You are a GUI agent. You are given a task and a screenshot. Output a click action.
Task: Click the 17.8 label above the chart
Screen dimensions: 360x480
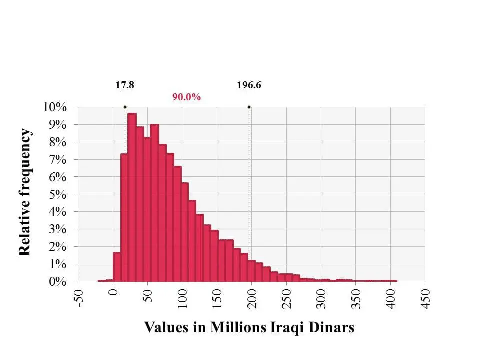(x=125, y=85)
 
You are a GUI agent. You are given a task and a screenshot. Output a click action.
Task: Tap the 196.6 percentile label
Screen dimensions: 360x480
(x=249, y=85)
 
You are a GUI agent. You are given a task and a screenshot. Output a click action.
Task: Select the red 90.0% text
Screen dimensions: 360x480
(x=186, y=97)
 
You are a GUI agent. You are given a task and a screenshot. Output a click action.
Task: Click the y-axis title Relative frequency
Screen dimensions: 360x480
(x=25, y=192)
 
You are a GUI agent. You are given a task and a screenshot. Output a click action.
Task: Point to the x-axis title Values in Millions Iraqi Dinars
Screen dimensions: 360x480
(x=249, y=327)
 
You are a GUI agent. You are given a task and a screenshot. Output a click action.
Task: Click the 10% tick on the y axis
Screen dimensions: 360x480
(x=55, y=107)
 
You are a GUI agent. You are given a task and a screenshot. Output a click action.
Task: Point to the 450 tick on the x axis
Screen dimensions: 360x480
(x=426, y=298)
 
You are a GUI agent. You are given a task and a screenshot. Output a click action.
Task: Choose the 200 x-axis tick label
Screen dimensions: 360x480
(x=252, y=298)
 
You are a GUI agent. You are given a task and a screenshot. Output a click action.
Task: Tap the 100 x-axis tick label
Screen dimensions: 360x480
(x=182, y=298)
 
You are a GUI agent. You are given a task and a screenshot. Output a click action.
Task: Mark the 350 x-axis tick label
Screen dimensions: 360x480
(x=356, y=298)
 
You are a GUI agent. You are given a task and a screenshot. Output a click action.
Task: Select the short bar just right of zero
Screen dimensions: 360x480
(x=117, y=267)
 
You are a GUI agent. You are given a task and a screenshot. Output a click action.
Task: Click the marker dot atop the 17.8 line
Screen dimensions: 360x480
(x=125, y=107)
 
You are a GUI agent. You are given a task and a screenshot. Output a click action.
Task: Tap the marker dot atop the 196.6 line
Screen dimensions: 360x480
(x=249, y=107)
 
